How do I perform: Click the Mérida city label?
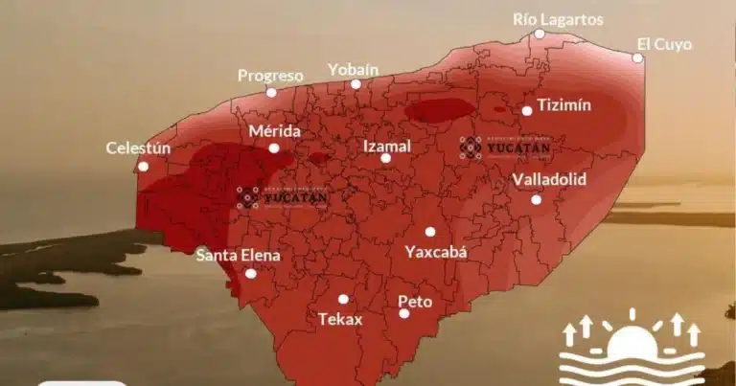tap(274, 131)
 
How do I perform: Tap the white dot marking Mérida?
tap(274, 148)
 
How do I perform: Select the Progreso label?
tap(270, 76)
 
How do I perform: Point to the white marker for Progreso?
tap(271, 93)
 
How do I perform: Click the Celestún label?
tap(138, 148)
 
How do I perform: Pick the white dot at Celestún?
tap(143, 166)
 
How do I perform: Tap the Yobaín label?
tap(354, 69)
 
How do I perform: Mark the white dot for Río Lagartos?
tap(540, 34)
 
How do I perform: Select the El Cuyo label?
tap(663, 44)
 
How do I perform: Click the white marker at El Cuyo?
tap(637, 58)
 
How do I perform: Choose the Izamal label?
tap(386, 146)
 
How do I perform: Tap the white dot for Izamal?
tap(385, 159)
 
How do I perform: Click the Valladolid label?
tap(549, 180)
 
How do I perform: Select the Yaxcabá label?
tap(435, 252)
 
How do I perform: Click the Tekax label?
tap(340, 319)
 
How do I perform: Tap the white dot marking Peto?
tap(404, 313)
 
